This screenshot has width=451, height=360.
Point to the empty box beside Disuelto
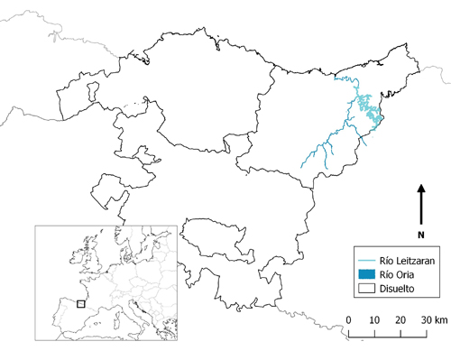coord(365,289)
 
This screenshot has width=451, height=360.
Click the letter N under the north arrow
coord(420,235)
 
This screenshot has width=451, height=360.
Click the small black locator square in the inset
coord(80,304)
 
